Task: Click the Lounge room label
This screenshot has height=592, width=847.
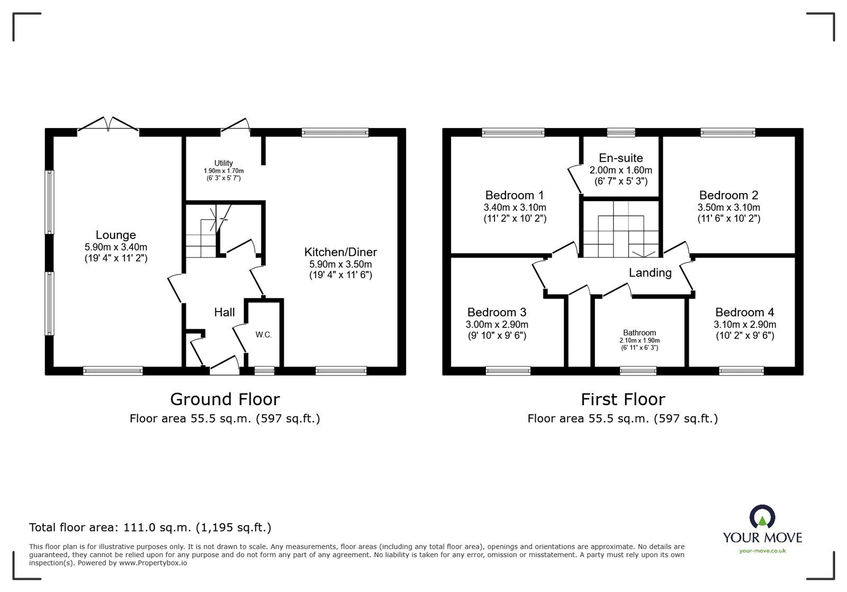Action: point(115,235)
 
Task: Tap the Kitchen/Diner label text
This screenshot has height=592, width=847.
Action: point(340,252)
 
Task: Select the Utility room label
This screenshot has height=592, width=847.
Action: point(223,163)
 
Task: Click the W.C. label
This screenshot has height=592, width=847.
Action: point(264,335)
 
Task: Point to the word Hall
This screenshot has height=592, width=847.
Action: point(224,313)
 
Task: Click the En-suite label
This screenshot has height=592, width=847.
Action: point(620,158)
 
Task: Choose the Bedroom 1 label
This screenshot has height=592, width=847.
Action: point(514,195)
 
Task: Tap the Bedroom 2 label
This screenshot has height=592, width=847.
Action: point(728,195)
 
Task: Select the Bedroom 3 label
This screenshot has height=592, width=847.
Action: point(497,313)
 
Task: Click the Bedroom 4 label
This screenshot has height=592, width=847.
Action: point(744,313)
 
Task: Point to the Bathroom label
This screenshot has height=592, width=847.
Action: point(639,333)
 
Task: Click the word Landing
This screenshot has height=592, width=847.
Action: point(650,273)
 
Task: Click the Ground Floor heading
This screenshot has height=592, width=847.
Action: point(224,399)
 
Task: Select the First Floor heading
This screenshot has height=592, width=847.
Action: point(623,399)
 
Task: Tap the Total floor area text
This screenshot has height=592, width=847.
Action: point(150,527)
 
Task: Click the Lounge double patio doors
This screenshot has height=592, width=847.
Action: point(109,125)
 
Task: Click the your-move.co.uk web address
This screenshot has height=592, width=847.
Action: point(762,551)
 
